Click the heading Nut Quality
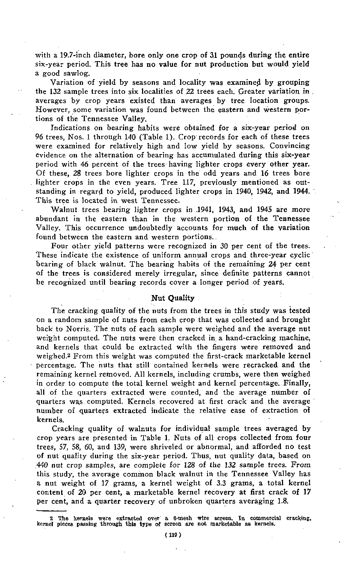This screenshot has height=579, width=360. pyautogui.click(x=173, y=298)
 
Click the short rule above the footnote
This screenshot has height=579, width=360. pyautogui.click(x=52, y=511)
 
